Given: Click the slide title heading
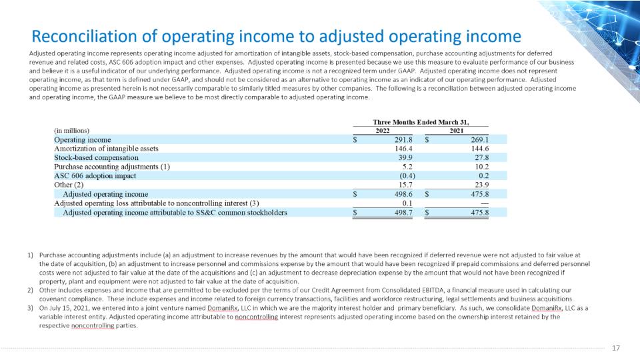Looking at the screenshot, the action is tap(276, 36).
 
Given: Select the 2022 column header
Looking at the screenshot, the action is tap(383, 131).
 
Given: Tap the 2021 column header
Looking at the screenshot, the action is tap(456, 131).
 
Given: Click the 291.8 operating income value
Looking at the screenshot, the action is tap(403, 139).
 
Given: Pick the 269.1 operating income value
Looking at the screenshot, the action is tap(479, 139).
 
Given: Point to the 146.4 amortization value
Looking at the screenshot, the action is tap(403, 149).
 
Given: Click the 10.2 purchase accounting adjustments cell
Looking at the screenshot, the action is tap(481, 167).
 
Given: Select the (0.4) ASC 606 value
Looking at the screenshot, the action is tap(407, 176).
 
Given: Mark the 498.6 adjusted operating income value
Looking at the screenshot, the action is tap(403, 194).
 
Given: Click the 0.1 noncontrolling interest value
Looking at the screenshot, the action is tap(407, 203).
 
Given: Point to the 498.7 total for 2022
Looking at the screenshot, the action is tap(403, 213).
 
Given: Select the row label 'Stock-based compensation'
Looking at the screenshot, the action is tap(96, 157).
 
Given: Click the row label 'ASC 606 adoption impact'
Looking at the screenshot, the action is tap(95, 176).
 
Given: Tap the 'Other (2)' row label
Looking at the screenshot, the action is tap(69, 185).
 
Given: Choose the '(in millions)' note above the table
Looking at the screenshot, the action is tap(71, 131).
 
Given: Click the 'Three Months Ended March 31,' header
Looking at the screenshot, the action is tap(421, 122).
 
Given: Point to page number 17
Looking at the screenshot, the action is tap(616, 348).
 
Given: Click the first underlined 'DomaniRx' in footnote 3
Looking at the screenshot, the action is tap(223, 308).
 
